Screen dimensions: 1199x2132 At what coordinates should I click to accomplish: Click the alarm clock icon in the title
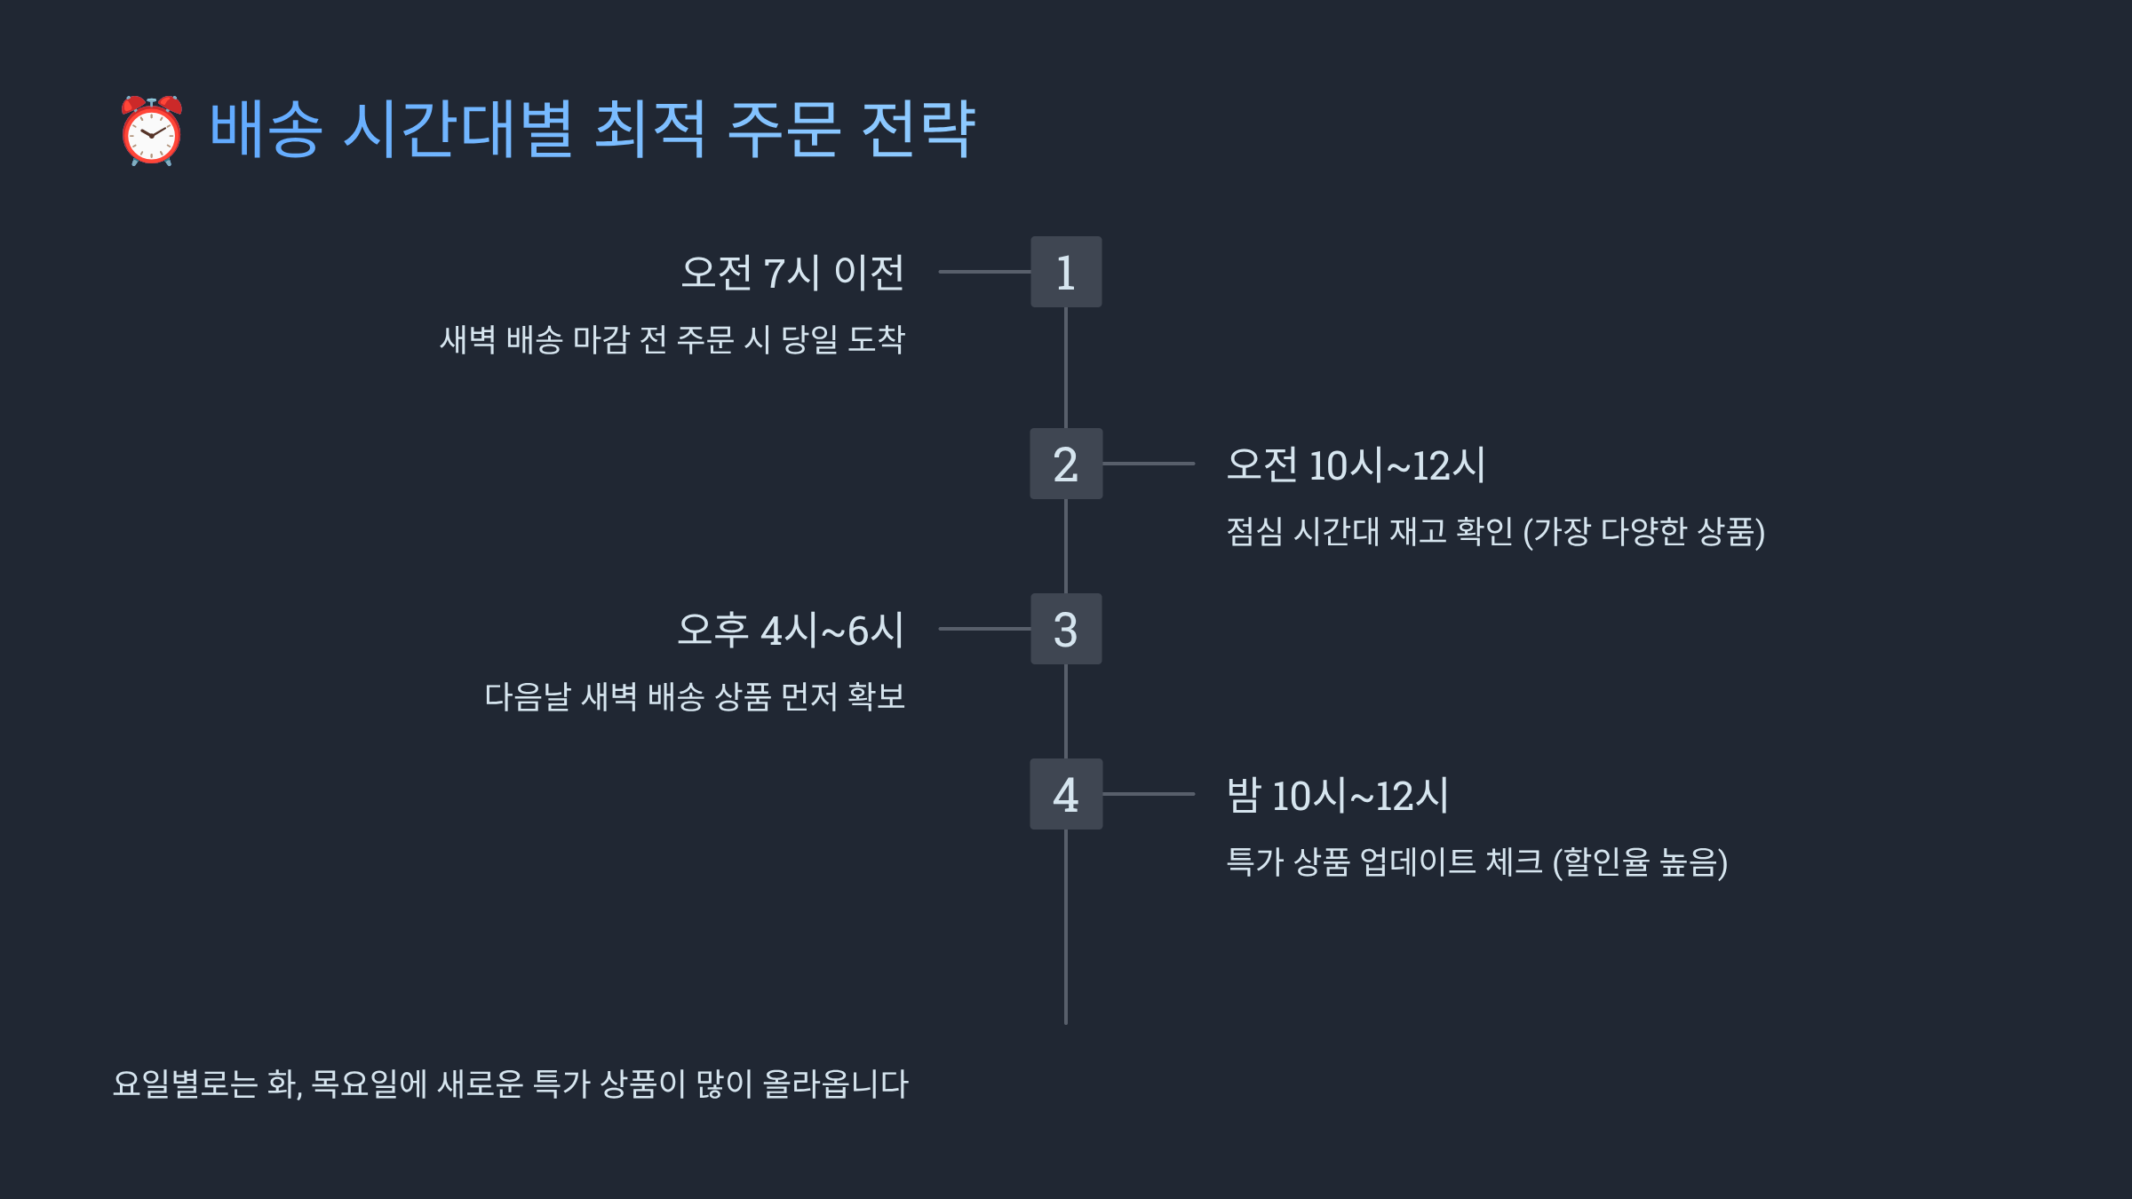152,131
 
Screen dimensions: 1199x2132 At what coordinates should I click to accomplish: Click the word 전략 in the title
919,130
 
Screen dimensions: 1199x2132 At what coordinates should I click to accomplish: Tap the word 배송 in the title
266,130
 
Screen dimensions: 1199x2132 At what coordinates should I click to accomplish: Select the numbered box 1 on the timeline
1066,272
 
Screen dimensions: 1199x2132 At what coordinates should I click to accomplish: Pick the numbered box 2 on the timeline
1066,464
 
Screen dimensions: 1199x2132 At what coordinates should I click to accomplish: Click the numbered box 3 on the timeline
1066,629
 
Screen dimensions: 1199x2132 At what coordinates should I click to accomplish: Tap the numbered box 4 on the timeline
1066,794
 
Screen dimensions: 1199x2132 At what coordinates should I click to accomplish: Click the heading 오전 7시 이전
792,273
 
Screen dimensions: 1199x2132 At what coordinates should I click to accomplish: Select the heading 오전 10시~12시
1356,465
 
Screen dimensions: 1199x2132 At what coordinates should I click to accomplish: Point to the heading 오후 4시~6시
791,630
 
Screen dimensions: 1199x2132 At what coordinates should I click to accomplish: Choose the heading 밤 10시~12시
1338,795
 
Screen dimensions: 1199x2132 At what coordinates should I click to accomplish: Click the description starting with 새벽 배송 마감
672,339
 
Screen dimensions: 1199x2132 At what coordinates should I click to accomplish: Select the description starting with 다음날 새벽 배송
695,696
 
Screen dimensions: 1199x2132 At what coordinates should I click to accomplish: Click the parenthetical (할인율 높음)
1640,862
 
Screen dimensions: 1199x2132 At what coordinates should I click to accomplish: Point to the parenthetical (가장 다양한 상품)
1643,531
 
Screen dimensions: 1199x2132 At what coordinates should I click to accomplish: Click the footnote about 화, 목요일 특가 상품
511,1084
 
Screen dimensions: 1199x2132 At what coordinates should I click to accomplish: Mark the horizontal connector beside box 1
984,272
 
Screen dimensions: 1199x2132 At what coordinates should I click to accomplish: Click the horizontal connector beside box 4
1149,794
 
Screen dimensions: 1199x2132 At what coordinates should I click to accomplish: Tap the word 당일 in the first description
809,339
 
